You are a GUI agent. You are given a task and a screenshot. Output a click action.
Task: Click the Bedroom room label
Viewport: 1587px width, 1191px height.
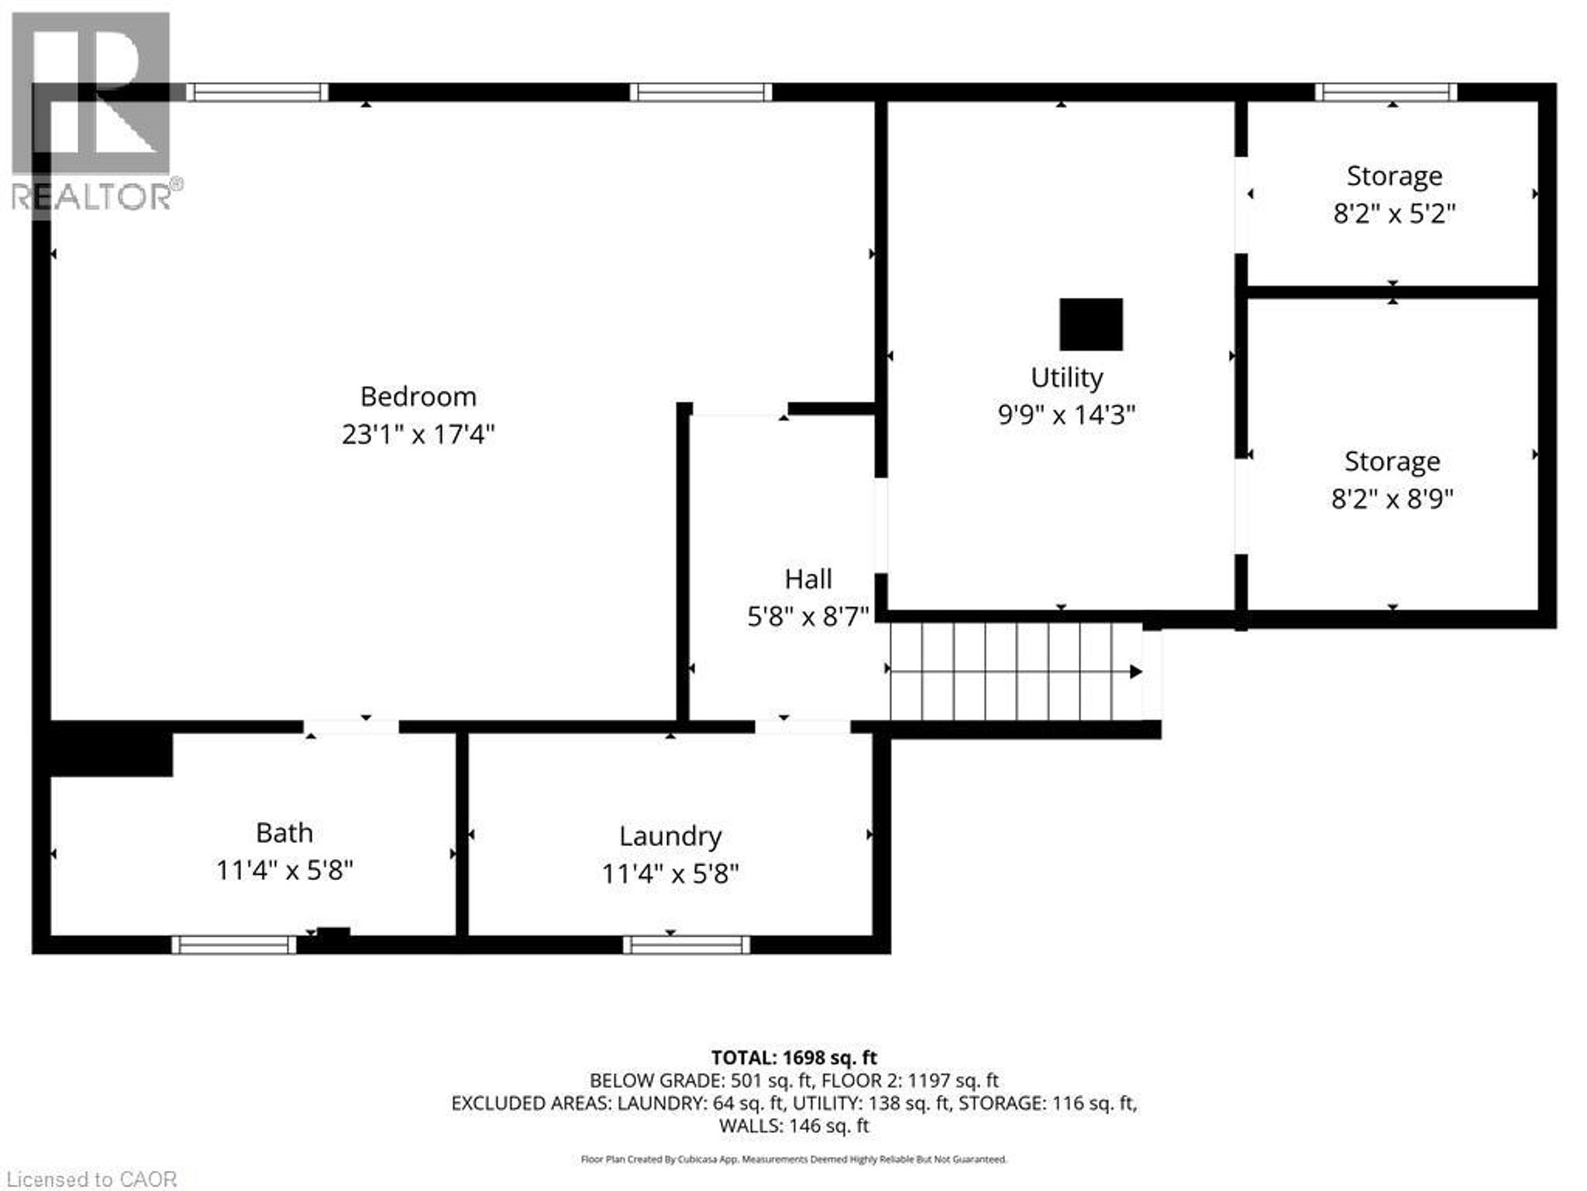(x=418, y=397)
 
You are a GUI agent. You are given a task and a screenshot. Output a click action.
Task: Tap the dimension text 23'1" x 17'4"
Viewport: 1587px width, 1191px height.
(x=418, y=434)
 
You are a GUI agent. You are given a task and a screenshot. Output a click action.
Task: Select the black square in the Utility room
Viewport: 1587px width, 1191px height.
(x=1091, y=324)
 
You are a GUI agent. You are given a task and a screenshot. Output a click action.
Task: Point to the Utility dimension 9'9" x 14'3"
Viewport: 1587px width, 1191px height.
(x=1066, y=414)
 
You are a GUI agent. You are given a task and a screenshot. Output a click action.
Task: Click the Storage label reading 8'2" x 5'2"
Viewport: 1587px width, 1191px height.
(x=1394, y=213)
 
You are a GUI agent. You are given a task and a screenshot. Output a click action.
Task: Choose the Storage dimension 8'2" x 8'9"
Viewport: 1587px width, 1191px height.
(x=1392, y=499)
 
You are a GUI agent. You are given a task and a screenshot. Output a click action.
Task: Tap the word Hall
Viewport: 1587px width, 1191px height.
(x=808, y=579)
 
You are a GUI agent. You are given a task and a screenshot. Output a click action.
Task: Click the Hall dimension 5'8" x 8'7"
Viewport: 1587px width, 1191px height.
(x=808, y=616)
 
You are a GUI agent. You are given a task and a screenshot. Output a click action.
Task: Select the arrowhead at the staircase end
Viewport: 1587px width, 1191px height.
(x=1137, y=672)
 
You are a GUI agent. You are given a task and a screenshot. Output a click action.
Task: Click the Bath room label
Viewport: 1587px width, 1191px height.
(x=284, y=833)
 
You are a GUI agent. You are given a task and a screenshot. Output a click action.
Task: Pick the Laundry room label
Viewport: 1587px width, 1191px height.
(x=670, y=836)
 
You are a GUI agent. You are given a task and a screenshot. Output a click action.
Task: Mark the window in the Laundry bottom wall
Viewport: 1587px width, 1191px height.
(x=686, y=945)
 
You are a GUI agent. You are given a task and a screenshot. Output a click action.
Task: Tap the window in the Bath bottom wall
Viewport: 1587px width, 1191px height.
(x=234, y=945)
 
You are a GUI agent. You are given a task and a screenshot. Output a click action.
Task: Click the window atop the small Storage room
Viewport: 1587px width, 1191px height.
(x=1385, y=92)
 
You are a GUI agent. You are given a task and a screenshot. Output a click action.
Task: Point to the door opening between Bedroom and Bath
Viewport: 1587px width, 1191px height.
(x=351, y=727)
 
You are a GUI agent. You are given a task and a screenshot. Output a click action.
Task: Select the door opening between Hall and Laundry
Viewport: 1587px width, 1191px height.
(x=803, y=727)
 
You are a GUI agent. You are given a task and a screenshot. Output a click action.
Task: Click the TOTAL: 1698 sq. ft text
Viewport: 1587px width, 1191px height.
(x=793, y=1058)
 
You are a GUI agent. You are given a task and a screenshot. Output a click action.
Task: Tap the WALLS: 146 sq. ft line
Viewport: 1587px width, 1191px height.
(x=793, y=1126)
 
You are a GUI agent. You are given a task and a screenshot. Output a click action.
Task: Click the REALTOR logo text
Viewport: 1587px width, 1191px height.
(x=91, y=197)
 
